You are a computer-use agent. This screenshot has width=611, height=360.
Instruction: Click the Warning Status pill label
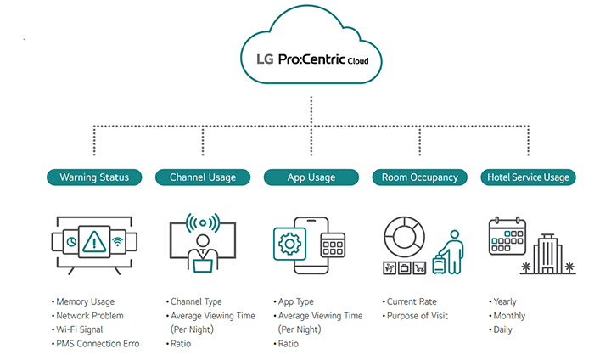(94, 177)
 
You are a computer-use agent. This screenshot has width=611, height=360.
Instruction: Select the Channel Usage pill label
(203, 177)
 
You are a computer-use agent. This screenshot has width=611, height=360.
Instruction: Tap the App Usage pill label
(311, 177)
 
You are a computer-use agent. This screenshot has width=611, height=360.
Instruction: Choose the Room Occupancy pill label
(420, 177)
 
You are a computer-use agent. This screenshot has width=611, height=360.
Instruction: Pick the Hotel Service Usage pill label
(528, 177)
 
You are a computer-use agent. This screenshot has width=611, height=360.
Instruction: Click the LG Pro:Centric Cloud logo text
(311, 62)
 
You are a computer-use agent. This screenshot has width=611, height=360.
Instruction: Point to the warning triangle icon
(94, 241)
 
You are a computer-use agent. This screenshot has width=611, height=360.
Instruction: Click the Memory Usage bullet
(86, 301)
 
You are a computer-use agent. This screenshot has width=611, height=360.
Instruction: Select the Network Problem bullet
(90, 316)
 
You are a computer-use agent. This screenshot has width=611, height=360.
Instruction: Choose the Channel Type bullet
(197, 301)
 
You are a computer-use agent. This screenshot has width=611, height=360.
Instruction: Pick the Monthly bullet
(509, 316)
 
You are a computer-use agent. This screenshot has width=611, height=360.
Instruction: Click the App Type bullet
(296, 301)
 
